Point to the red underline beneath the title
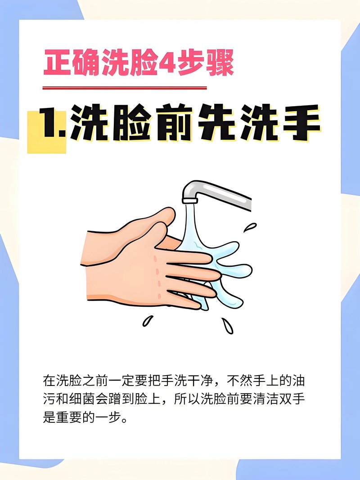point(125,88)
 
